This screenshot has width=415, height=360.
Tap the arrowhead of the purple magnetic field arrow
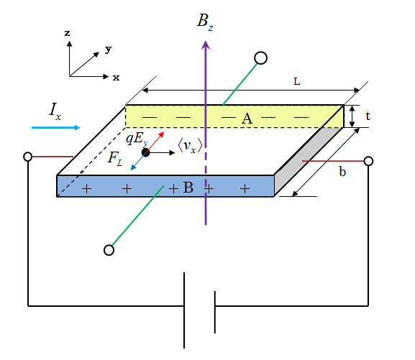[x=206, y=45]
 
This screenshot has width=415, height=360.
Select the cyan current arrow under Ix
[x=56, y=127]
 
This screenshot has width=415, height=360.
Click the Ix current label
[x=55, y=112]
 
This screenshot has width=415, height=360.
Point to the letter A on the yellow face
[x=247, y=119]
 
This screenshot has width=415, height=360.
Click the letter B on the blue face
[x=188, y=188]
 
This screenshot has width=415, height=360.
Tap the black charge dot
[x=145, y=152]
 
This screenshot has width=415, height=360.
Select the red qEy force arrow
[x=155, y=142]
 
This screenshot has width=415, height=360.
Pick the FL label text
[x=115, y=159]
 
